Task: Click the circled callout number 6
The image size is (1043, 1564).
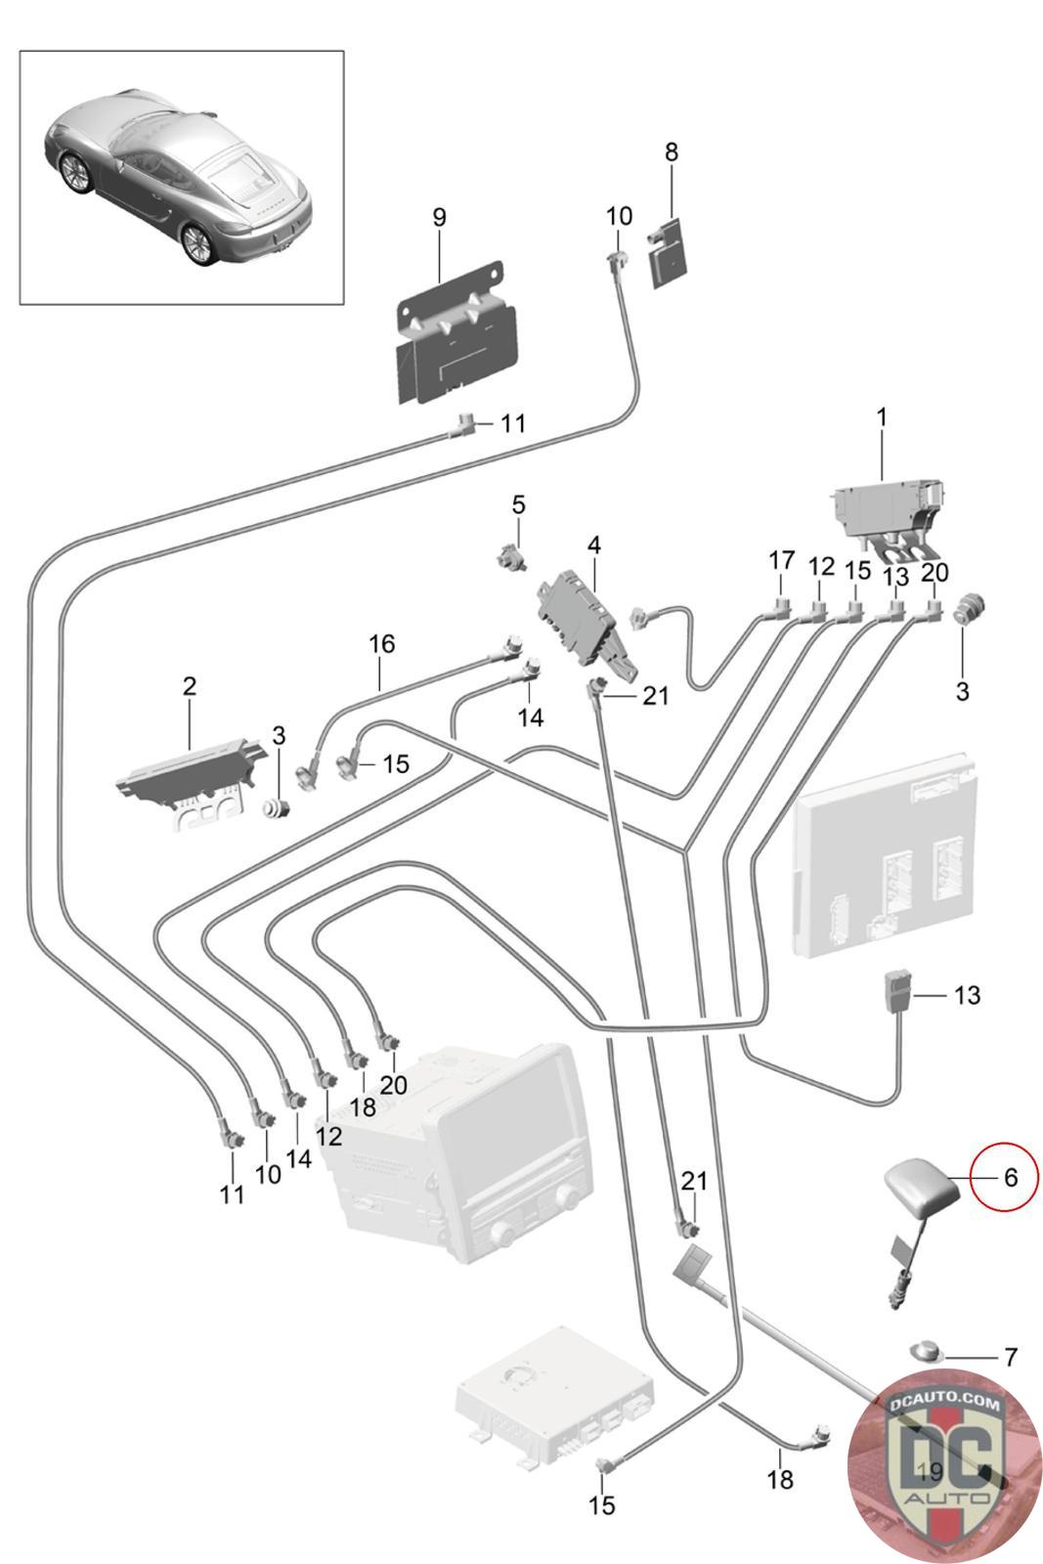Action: coord(1010,1177)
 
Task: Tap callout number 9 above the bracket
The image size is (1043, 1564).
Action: coord(439,217)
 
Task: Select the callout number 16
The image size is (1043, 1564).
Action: coord(381,644)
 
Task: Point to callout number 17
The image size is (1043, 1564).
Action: coord(781,561)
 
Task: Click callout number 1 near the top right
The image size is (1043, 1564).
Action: coord(882,417)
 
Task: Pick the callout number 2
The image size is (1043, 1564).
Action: coord(189,685)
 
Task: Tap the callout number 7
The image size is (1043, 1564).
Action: coord(1011,1357)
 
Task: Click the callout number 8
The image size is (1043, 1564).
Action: coord(672,152)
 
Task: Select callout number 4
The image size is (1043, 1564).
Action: coord(593,543)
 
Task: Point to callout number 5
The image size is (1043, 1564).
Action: coord(518,505)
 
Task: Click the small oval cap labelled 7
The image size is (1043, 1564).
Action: coord(927,1352)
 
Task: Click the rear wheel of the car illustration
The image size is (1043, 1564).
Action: coord(201,240)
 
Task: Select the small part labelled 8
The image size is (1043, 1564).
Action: coord(670,251)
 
